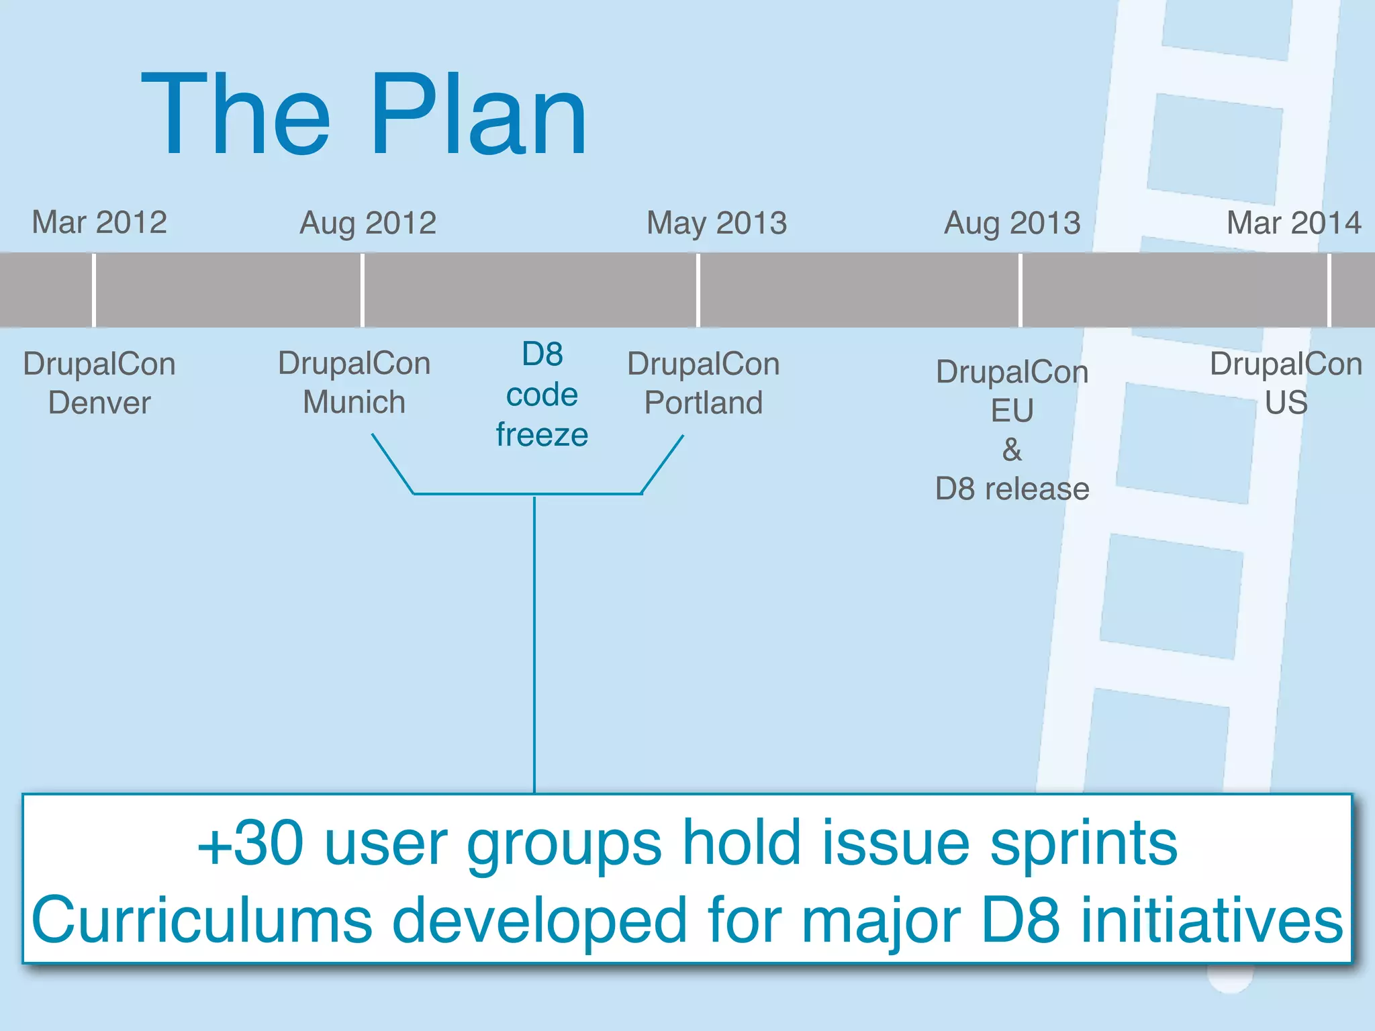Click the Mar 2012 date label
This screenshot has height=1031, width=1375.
tap(99, 222)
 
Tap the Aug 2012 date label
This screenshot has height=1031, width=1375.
tap(368, 223)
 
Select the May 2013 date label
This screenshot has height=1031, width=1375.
tap(716, 223)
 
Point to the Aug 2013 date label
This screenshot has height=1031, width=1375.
tap(1012, 223)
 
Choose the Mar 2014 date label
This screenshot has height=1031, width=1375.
tap(1294, 223)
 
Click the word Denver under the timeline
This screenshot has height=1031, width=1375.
tap(99, 403)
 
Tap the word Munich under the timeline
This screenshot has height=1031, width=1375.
tap(354, 402)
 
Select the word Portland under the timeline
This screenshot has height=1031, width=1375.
tap(703, 403)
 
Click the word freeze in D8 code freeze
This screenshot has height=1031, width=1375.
tap(542, 434)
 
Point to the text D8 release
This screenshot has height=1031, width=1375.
tap(1012, 489)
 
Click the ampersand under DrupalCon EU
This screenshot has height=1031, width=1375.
tap(1012, 450)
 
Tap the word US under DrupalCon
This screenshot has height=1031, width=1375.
tap(1286, 402)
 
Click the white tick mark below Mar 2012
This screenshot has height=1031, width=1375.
tap(93, 290)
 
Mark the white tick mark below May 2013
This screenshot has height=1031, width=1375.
tap(698, 290)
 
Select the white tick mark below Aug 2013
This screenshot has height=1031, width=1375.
tap(1020, 290)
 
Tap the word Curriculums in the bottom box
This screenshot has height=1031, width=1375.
tap(201, 920)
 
